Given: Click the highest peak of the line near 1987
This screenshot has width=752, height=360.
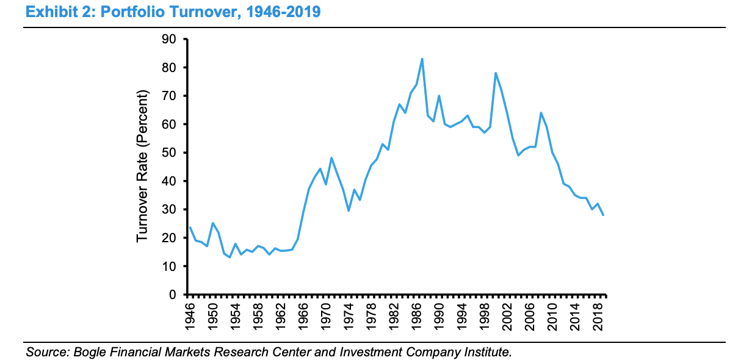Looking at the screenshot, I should click(422, 59).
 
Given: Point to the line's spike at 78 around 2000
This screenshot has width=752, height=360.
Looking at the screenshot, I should click(496, 73).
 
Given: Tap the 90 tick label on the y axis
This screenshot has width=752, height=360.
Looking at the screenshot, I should click(168, 39).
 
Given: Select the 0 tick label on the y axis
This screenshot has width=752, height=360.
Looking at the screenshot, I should click(172, 295).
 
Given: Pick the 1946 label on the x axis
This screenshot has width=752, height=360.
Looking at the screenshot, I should click(190, 315).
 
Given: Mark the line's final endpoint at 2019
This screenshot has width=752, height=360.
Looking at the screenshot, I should click(604, 215).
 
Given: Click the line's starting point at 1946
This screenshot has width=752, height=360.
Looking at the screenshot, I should click(190, 228).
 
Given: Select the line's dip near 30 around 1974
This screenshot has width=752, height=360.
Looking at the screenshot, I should click(349, 211).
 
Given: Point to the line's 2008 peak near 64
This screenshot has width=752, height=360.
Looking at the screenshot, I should click(541, 113).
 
